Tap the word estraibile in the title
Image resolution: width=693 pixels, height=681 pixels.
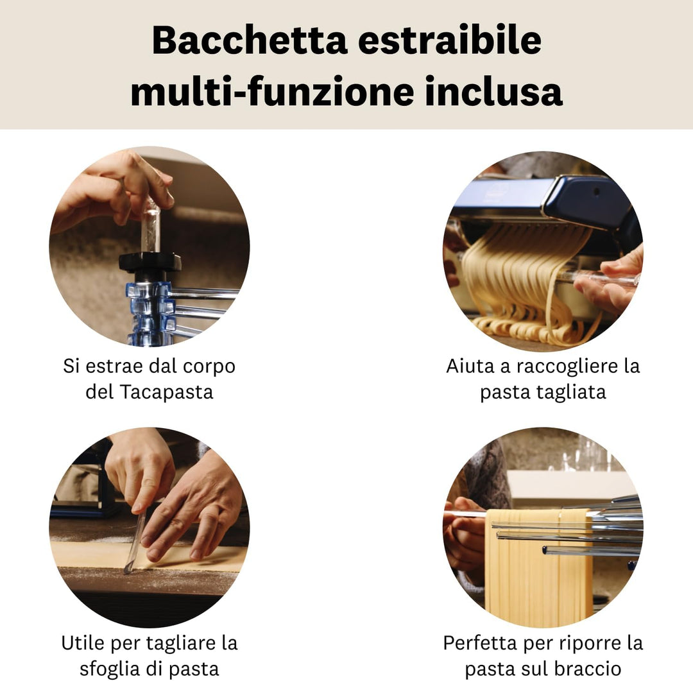(449, 40)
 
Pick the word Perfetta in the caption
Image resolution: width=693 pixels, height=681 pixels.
(483, 642)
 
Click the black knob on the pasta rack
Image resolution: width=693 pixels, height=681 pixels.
(150, 262)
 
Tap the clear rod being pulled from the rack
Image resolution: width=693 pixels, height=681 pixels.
(151, 225)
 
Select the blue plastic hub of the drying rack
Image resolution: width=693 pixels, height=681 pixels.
(149, 308)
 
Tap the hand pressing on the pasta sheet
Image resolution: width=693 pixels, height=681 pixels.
(193, 507)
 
